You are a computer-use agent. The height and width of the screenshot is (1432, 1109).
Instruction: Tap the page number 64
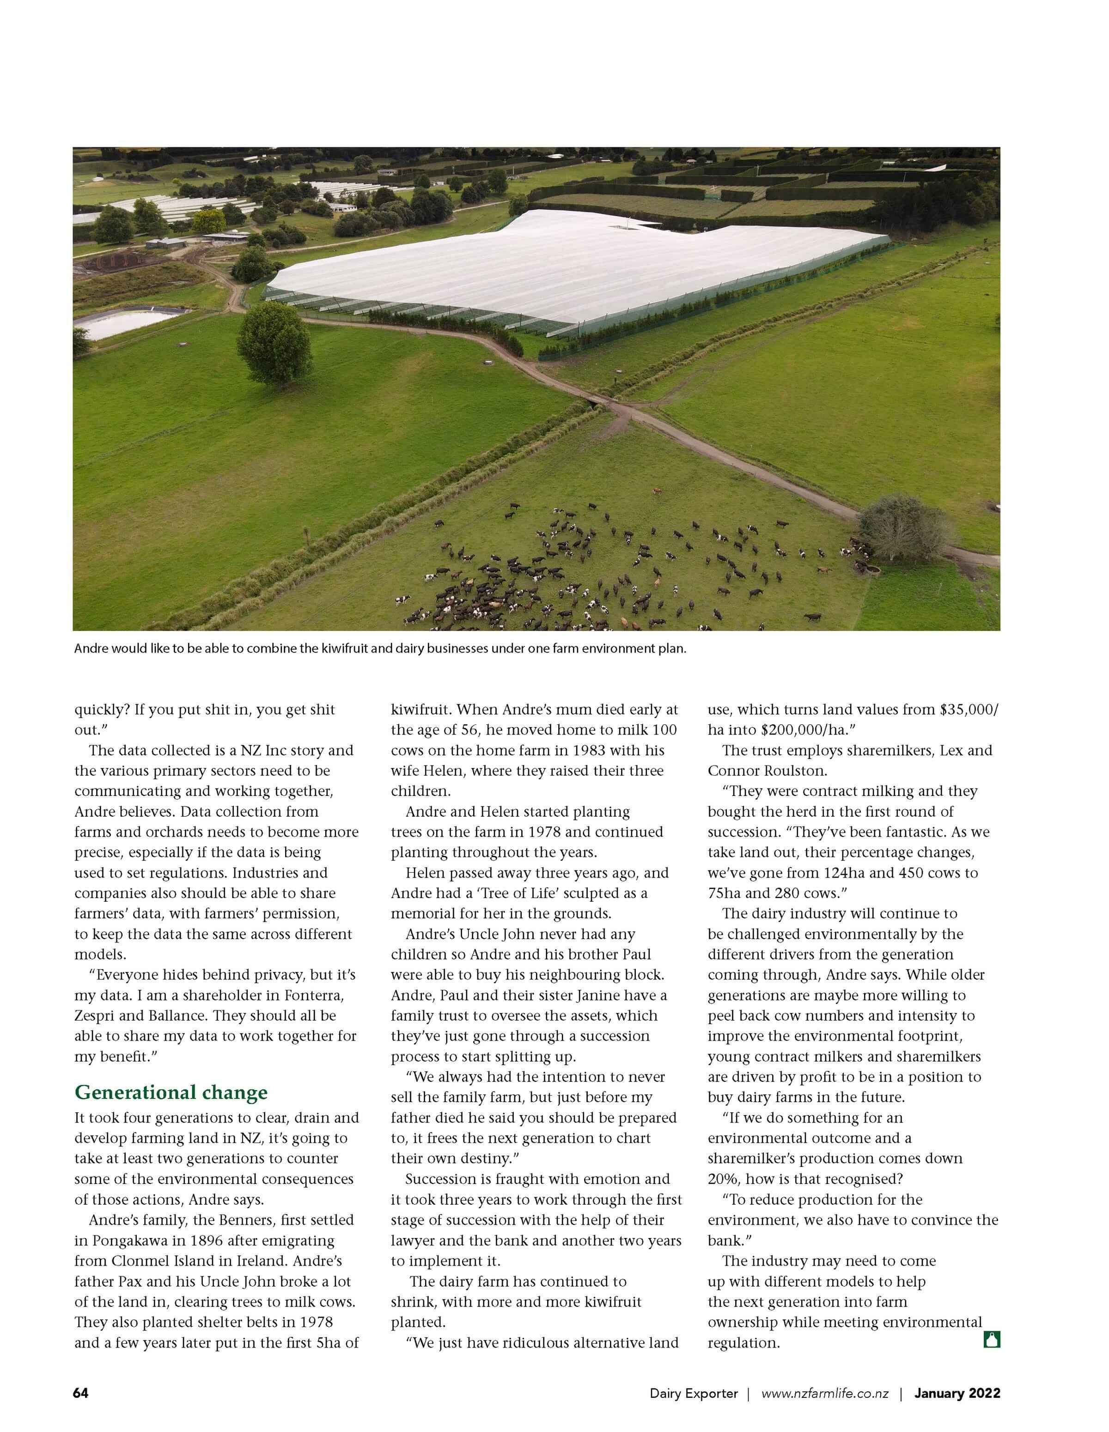(81, 1393)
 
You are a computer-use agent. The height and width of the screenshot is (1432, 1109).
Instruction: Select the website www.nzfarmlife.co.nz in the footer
(824, 1393)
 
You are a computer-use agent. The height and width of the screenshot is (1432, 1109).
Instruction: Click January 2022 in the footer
(957, 1393)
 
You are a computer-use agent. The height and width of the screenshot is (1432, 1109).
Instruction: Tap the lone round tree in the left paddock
(274, 344)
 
